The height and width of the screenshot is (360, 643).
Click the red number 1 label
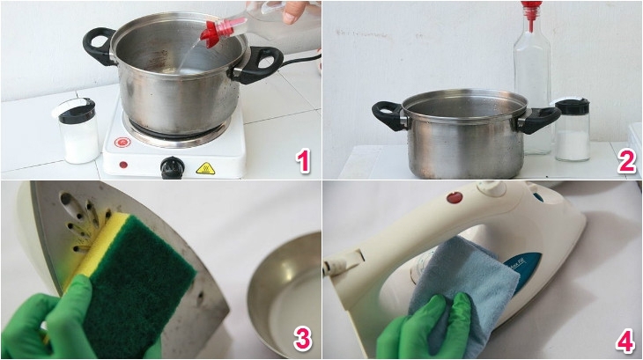click(302, 161)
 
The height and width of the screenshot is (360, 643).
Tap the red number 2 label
click(625, 161)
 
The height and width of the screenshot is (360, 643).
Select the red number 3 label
click(302, 338)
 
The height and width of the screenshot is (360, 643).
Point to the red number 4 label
click(625, 338)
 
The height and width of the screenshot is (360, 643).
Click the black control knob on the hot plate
click(173, 166)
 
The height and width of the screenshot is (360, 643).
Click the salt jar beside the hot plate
click(80, 132)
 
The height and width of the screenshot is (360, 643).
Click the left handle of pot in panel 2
click(387, 115)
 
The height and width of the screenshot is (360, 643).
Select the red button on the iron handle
click(455, 197)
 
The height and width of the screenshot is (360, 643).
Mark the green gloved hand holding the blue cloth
click(418, 330)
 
